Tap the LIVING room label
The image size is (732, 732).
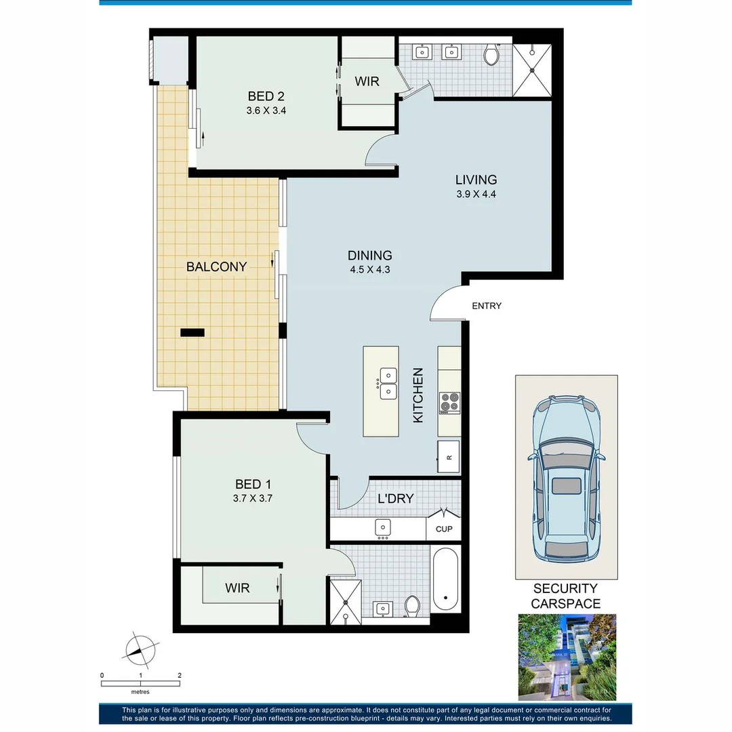click(476, 180)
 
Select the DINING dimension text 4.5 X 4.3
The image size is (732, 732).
click(369, 269)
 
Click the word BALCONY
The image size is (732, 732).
click(216, 267)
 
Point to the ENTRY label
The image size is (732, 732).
click(487, 306)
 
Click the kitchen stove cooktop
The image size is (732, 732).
click(449, 403)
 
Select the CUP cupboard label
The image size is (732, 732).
click(444, 529)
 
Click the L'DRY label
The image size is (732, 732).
click(395, 500)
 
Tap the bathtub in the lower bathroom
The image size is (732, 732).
click(445, 579)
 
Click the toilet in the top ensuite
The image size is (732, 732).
click(492, 55)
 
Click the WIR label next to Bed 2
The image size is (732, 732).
click(367, 81)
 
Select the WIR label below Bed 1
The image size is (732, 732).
click(237, 588)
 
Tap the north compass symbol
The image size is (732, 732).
click(141, 650)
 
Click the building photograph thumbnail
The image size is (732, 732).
click(567, 657)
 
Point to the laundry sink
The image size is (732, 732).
click(382, 526)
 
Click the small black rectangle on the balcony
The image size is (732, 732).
click(192, 332)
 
